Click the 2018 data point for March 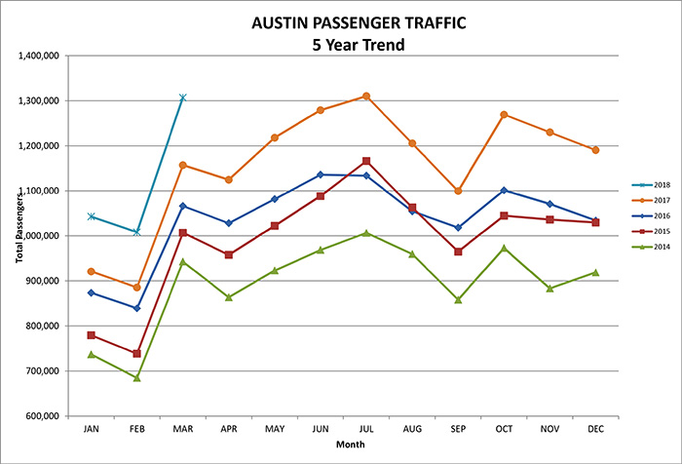pyautogui.click(x=182, y=97)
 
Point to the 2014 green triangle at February pyautogui.click(x=136, y=377)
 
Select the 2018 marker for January pyautogui.click(x=91, y=216)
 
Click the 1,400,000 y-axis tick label pyautogui.click(x=39, y=56)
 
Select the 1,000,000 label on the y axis pyautogui.click(x=39, y=236)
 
